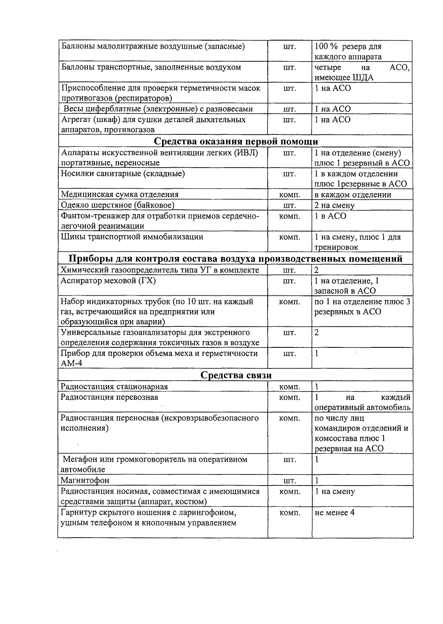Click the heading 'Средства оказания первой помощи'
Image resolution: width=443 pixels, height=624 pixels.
tap(236, 142)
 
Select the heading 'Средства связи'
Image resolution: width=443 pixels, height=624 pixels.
tap(236, 376)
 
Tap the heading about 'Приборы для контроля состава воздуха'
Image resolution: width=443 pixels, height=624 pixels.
tap(236, 259)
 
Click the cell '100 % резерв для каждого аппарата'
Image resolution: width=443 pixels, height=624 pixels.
tap(348, 52)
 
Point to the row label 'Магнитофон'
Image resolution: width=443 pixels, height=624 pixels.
tap(85, 480)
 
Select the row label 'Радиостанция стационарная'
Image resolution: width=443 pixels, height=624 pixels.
tap(114, 387)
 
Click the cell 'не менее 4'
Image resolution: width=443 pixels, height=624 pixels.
tap(334, 512)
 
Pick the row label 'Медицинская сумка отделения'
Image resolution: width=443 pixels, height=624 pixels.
tap(120, 195)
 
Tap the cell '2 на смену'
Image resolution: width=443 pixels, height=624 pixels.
tap(334, 205)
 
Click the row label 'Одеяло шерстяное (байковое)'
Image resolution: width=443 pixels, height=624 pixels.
tap(117, 205)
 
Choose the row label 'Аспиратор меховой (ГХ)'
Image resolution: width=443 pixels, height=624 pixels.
tap(108, 281)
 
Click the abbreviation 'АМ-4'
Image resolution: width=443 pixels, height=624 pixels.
tap(71, 363)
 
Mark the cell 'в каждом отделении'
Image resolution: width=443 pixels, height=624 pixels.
tap(353, 195)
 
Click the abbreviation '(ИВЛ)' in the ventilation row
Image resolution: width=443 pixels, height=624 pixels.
tap(246, 153)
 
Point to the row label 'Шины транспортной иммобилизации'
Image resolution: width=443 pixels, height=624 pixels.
tap(132, 237)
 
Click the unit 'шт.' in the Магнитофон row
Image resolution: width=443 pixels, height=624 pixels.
tap(289, 481)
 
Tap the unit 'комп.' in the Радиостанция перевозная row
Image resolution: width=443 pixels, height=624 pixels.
tap(289, 398)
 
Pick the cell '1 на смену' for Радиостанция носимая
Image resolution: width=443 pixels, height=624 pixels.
tap(334, 491)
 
